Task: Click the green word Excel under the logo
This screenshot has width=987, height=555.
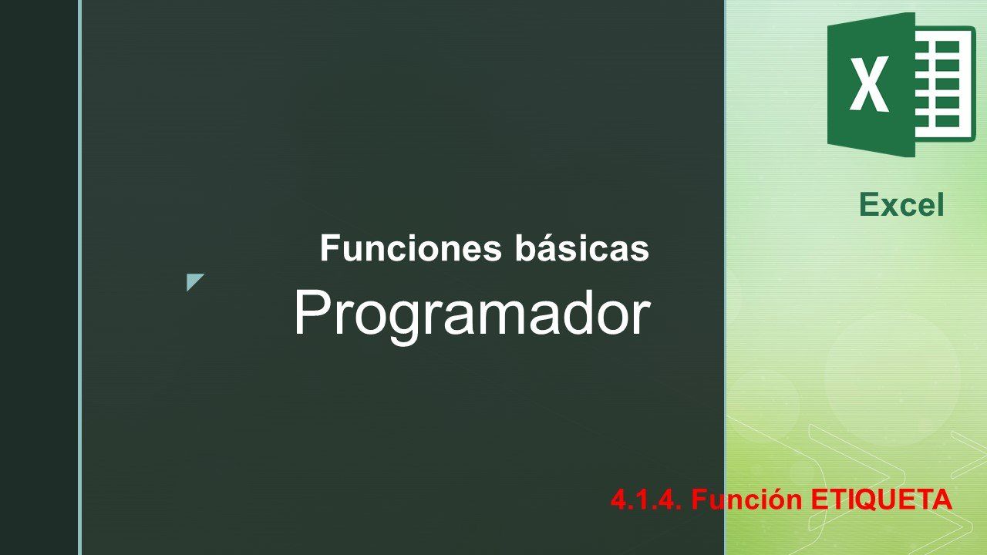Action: (x=901, y=205)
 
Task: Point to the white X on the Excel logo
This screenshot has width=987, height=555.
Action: (x=868, y=84)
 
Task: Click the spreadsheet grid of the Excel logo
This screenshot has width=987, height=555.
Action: (x=945, y=84)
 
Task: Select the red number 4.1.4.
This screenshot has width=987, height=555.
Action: (x=646, y=499)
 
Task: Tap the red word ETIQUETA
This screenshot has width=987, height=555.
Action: (x=881, y=500)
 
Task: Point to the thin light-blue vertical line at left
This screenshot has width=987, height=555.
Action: (x=79, y=277)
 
